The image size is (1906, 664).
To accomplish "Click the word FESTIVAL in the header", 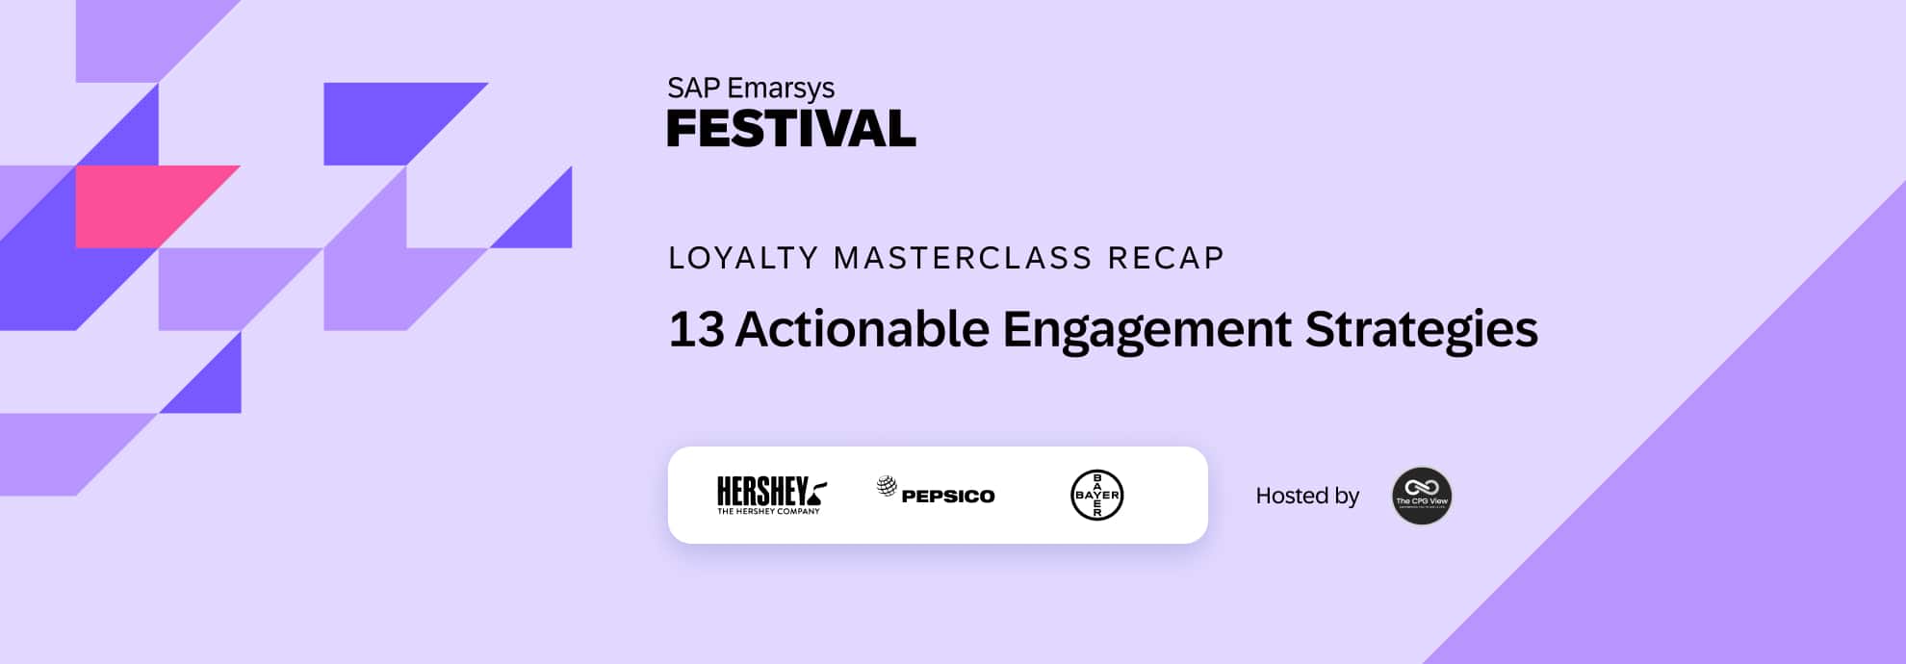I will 790,130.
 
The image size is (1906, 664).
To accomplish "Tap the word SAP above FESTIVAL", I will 693,89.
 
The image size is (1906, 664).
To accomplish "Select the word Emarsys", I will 780,89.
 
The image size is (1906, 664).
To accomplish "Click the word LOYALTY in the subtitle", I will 742,258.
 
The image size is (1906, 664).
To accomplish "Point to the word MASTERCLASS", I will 963,258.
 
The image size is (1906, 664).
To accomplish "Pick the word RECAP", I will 1166,258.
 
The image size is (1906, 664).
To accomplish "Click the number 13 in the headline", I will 696,329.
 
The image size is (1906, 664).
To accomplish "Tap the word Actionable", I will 862,329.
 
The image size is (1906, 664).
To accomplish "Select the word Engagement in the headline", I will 1146,329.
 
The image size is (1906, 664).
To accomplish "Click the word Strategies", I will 1421,329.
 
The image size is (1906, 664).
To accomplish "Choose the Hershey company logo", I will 771,495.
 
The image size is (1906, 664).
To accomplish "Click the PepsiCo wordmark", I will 948,497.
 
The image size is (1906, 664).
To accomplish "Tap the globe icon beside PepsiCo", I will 887,486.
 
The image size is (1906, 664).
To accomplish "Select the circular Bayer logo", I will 1096,495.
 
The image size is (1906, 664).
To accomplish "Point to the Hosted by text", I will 1306,496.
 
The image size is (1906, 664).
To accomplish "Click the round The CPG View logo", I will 1421,496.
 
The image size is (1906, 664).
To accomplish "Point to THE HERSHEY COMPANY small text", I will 768,512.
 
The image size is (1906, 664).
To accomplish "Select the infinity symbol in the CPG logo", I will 1421,487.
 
